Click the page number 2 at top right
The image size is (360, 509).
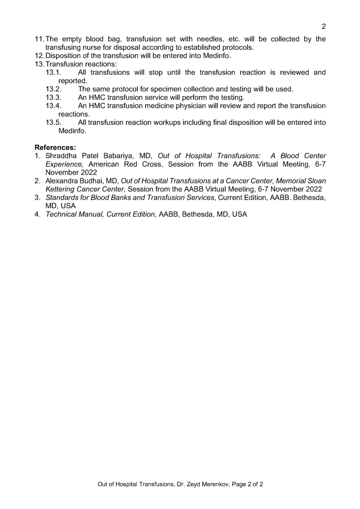coord(323,26)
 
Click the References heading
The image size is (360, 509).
coord(55,147)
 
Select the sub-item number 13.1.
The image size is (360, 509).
coord(53,73)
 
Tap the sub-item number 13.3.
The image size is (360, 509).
coord(53,97)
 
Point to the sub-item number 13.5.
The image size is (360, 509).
coord(53,123)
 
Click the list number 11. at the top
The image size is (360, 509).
coord(39,39)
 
